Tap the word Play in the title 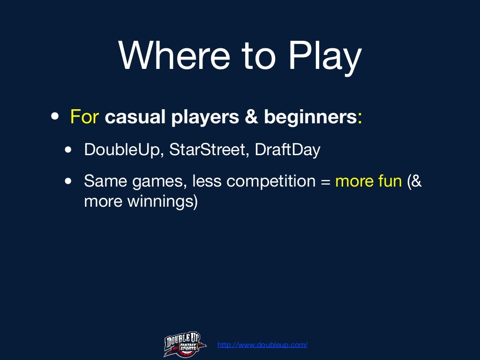click(x=325, y=55)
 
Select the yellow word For click(x=84, y=117)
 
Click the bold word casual click(x=134, y=117)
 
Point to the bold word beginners click(x=310, y=117)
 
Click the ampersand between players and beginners click(x=251, y=117)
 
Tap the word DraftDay click(x=287, y=150)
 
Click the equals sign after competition click(x=325, y=181)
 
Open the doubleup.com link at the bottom click(x=262, y=345)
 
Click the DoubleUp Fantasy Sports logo click(x=185, y=344)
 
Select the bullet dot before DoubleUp click(x=69, y=150)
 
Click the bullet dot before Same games click(x=69, y=181)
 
